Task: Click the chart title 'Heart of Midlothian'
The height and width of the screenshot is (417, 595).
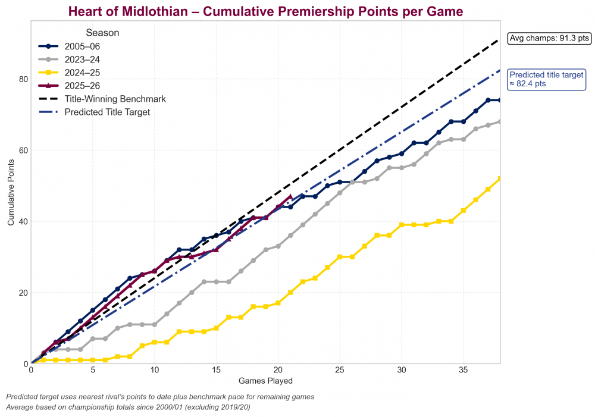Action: point(265,11)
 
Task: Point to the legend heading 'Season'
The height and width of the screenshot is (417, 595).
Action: point(102,33)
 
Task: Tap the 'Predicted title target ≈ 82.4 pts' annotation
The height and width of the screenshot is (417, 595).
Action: point(547,80)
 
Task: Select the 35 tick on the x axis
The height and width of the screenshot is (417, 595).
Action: point(463,370)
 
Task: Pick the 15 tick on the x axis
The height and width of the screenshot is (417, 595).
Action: point(216,370)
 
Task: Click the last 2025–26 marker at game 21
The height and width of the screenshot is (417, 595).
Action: point(290,196)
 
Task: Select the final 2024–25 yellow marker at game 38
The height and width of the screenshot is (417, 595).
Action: point(500,178)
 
